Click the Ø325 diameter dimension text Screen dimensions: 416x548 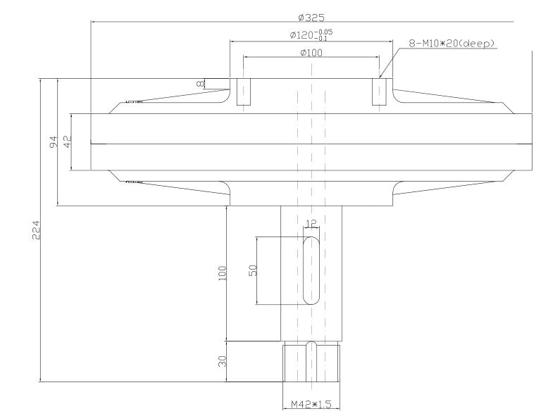[311, 16]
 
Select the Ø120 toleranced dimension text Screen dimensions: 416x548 [311, 35]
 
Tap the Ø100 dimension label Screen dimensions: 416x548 [311, 53]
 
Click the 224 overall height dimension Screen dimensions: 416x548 [36, 230]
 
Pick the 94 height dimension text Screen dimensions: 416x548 [53, 142]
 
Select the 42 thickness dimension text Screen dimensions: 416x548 [68, 141]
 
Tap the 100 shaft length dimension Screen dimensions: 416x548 [221, 273]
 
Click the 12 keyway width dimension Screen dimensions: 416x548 [311, 224]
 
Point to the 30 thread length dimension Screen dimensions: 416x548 [221, 362]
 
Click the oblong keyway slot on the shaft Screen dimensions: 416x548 [311, 271]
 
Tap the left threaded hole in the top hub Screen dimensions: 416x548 [243, 92]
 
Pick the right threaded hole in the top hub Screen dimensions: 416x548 [379, 92]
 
